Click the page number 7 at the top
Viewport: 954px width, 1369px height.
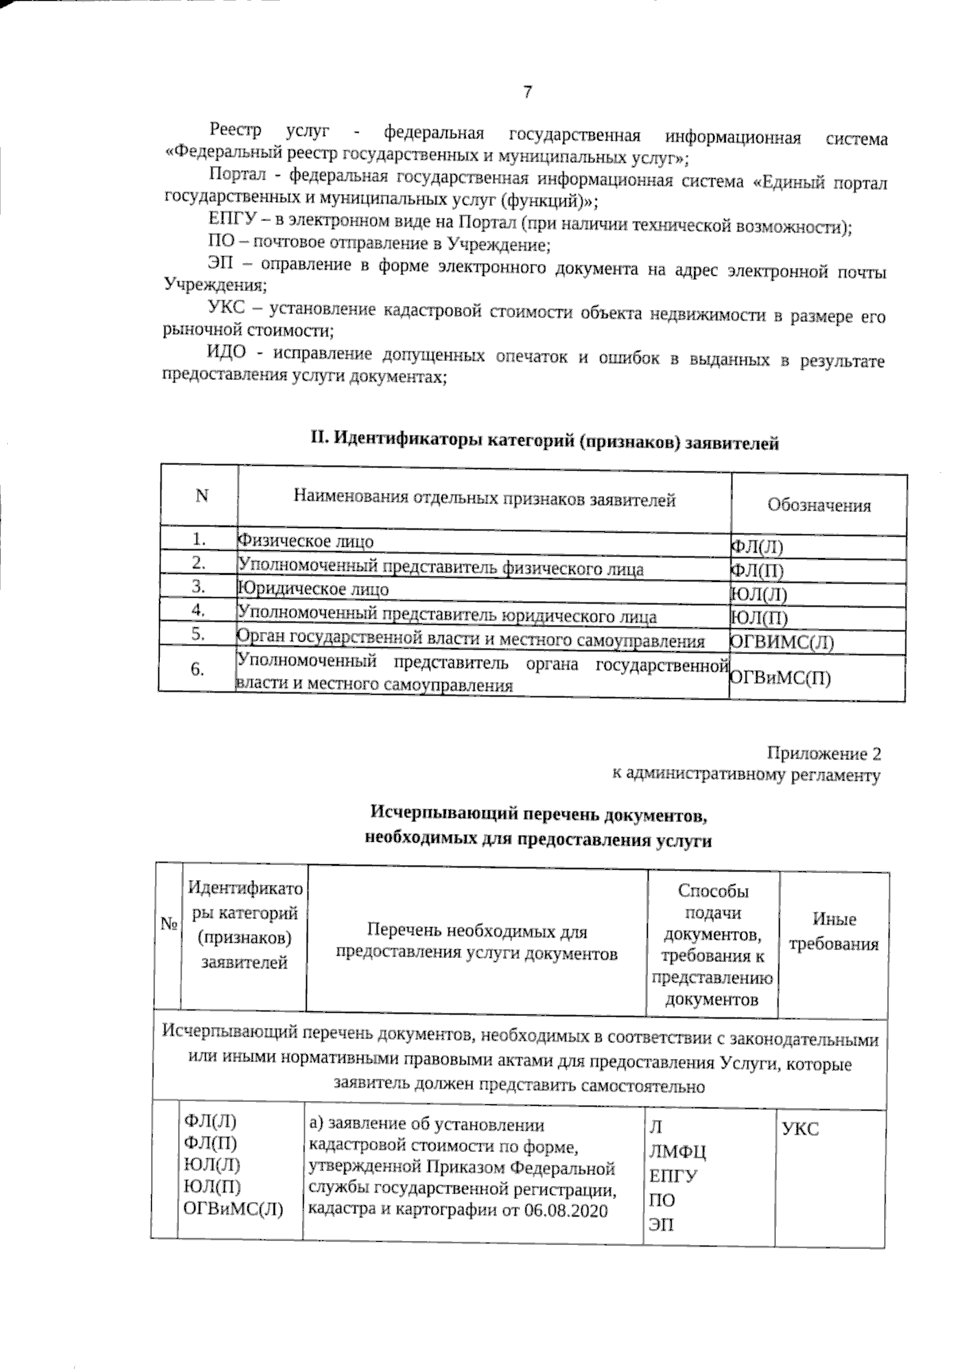[527, 92]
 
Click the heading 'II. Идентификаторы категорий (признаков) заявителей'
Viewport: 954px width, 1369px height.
[544, 440]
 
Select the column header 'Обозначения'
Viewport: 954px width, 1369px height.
[818, 506]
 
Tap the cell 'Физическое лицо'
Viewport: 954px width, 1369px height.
[306, 541]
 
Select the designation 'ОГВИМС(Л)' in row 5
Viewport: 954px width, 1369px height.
[781, 642]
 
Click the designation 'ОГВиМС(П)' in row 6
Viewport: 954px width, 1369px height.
[780, 677]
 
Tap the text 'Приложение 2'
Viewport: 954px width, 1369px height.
[824, 753]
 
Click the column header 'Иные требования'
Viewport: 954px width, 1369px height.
[834, 931]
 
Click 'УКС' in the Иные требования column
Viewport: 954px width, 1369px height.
[801, 1129]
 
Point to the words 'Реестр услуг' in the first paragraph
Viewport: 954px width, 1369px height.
[262, 131]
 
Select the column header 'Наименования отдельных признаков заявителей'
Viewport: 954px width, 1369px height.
[484, 499]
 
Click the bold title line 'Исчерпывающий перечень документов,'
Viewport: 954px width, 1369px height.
[538, 815]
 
